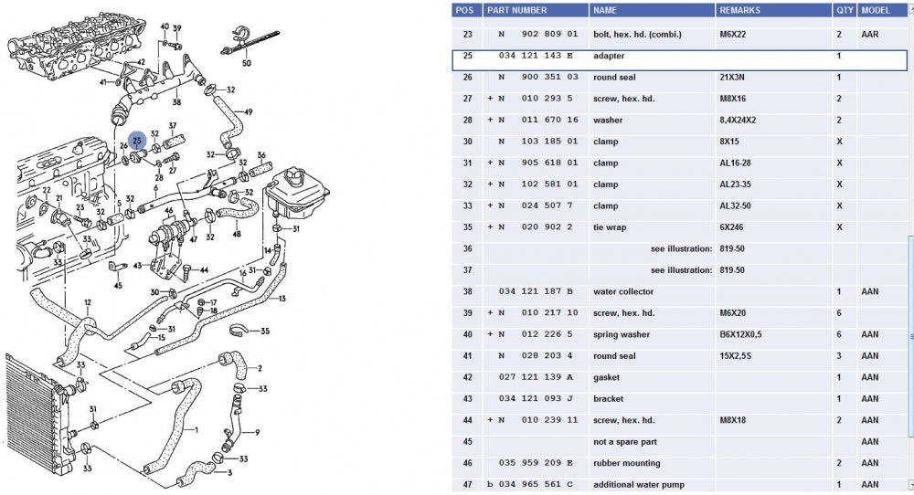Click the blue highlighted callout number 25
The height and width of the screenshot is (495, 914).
137,141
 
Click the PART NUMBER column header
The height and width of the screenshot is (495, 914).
516,10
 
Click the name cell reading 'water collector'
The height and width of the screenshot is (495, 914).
622,291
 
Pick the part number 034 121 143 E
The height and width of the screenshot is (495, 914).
536,56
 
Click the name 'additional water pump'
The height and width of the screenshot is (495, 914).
639,484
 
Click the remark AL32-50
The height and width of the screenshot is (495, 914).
736,205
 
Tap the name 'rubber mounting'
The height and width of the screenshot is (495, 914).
628,463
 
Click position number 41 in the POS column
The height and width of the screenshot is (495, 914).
468,356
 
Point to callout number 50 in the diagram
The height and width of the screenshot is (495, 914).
246,63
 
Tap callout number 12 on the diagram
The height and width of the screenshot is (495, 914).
88,302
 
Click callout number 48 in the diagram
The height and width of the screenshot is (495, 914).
237,234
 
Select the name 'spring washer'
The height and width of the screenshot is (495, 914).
622,334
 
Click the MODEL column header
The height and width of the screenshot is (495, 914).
876,10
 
